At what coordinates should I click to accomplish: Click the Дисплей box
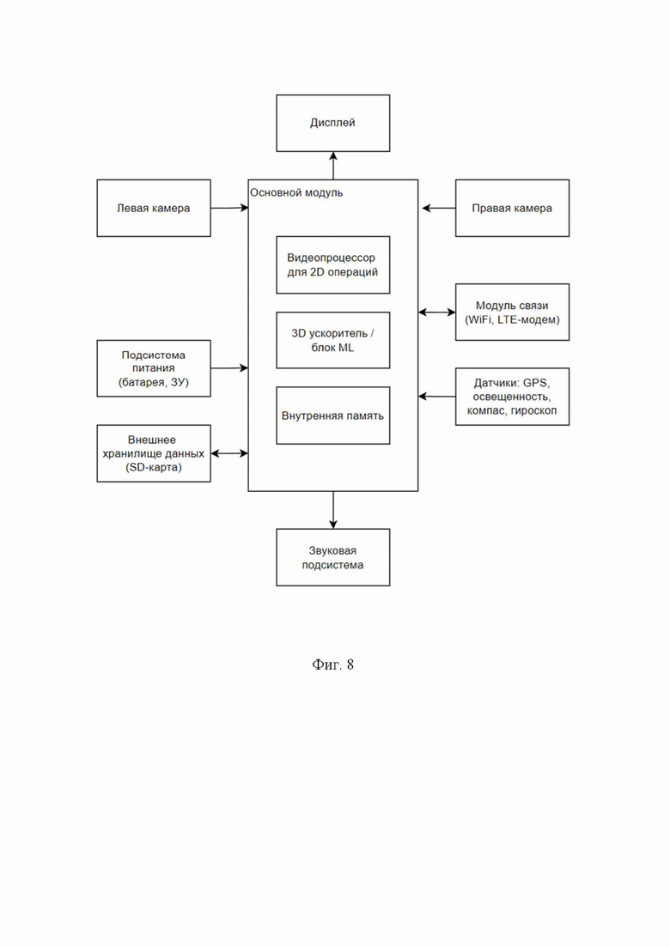pyautogui.click(x=333, y=124)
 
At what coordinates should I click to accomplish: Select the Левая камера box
pyautogui.click(x=154, y=208)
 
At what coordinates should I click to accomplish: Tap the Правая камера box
pyautogui.click(x=512, y=208)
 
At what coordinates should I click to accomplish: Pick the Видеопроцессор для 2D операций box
pyautogui.click(x=333, y=265)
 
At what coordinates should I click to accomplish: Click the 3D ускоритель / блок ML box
pyautogui.click(x=333, y=340)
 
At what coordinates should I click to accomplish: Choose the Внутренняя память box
pyautogui.click(x=333, y=416)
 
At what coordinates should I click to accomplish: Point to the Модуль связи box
pyautogui.click(x=512, y=313)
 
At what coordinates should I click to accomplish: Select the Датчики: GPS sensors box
pyautogui.click(x=512, y=397)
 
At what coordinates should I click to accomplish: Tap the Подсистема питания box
pyautogui.click(x=154, y=368)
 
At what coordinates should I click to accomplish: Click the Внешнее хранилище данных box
pyautogui.click(x=154, y=453)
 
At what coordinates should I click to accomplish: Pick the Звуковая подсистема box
pyautogui.click(x=333, y=557)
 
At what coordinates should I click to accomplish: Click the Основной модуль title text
pyautogui.click(x=296, y=192)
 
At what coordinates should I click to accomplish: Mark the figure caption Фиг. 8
pyautogui.click(x=333, y=665)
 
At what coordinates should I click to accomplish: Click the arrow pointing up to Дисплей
pyautogui.click(x=333, y=166)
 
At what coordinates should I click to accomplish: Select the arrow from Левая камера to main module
pyautogui.click(x=229, y=208)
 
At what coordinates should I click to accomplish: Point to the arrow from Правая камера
pyautogui.click(x=439, y=208)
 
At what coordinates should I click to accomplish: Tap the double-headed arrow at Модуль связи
pyautogui.click(x=437, y=313)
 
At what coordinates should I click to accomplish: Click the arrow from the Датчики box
pyautogui.click(x=437, y=397)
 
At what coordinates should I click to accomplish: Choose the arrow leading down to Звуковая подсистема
pyautogui.click(x=333, y=510)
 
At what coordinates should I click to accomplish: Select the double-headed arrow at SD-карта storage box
pyautogui.click(x=229, y=453)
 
